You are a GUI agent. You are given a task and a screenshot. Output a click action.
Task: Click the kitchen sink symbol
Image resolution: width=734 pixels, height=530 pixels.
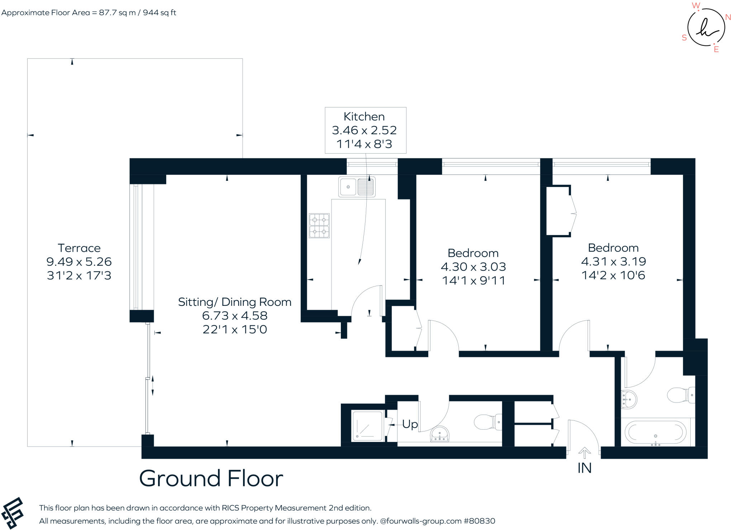[x=357, y=187]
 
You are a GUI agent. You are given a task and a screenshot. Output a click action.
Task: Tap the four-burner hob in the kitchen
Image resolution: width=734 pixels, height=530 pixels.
[x=319, y=226]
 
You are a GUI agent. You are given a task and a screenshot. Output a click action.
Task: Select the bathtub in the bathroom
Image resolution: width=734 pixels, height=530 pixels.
[x=656, y=433]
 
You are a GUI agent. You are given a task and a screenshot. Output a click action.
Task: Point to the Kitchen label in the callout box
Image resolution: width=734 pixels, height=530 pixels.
[x=364, y=116]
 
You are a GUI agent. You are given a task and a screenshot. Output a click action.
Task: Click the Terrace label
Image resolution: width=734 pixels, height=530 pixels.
[x=79, y=248]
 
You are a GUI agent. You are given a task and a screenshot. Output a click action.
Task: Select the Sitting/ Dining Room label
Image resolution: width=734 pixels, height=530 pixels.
[x=235, y=302]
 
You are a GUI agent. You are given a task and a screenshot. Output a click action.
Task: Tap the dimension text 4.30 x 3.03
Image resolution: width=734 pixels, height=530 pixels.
[x=473, y=266]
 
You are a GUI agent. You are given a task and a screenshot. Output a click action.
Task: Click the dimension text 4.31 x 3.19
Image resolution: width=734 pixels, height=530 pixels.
[x=613, y=261]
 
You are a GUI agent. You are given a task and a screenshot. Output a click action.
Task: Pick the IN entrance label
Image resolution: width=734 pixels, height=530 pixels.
[x=585, y=468]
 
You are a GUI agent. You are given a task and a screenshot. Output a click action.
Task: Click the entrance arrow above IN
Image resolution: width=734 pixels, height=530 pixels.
[x=585, y=453]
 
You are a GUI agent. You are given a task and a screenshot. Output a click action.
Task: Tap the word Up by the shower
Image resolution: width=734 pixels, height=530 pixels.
[x=410, y=424]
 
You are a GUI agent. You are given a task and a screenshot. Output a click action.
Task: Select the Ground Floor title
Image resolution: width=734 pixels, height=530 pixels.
[x=211, y=478]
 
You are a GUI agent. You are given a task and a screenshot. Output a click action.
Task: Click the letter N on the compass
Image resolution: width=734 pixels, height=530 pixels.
[x=728, y=17]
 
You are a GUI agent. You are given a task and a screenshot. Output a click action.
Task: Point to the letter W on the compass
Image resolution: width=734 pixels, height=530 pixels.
[x=696, y=5]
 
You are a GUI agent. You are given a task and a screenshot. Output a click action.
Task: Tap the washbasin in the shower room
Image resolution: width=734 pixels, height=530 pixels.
[x=440, y=434]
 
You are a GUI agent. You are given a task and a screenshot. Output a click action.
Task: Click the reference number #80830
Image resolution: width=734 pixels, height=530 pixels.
[x=479, y=521]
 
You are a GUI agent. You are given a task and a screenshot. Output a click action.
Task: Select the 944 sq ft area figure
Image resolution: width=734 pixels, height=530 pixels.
[x=159, y=13]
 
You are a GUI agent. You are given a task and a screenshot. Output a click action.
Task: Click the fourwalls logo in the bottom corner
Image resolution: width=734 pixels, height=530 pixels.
[x=13, y=513]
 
